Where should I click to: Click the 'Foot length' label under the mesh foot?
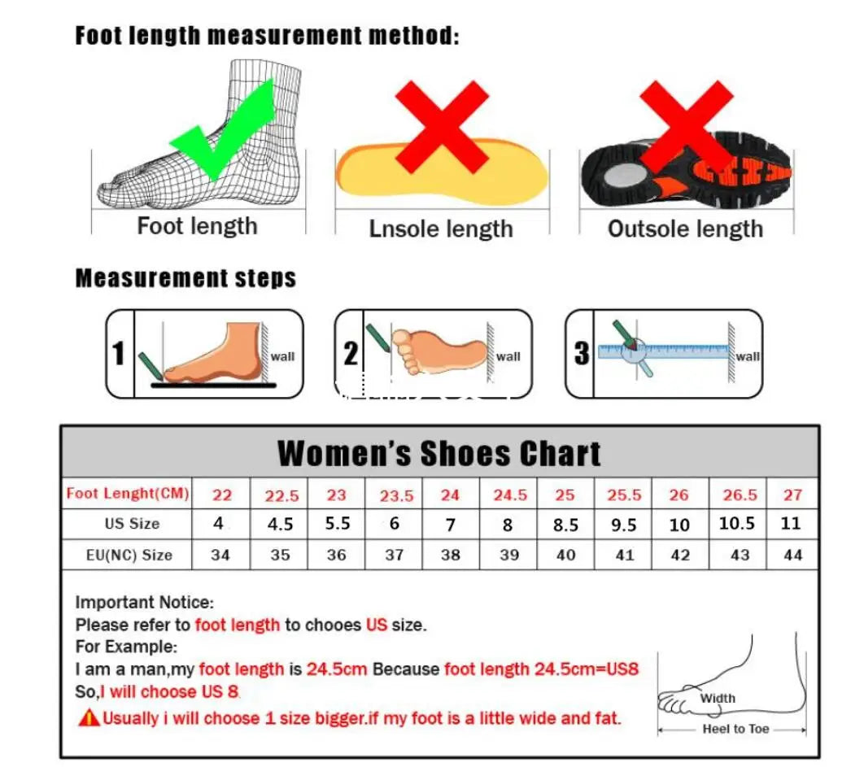tap(197, 226)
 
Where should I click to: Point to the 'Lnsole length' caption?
tap(441, 229)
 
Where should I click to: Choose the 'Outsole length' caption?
tap(685, 229)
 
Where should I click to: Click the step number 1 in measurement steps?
tap(120, 354)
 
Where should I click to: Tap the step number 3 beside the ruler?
tap(582, 354)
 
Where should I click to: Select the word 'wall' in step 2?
tap(508, 356)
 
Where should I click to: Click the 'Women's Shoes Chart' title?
tap(439, 453)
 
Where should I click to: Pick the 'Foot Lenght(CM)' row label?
tap(128, 493)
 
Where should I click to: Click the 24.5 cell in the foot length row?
tap(510, 495)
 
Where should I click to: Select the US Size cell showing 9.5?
tap(623, 525)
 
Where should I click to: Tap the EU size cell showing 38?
tap(450, 556)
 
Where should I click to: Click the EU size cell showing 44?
tap(792, 556)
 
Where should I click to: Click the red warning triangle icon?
tap(88, 718)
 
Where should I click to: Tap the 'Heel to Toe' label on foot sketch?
tap(735, 729)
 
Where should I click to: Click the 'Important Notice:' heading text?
tap(144, 603)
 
